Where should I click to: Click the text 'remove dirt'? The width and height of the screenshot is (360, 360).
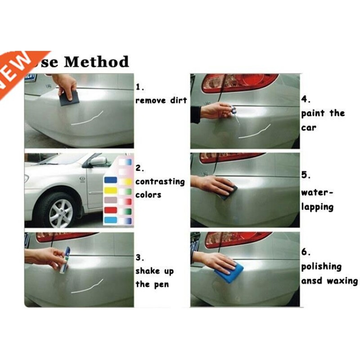pyautogui.click(x=161, y=100)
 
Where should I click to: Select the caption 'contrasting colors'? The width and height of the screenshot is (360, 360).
pyautogui.click(x=153, y=188)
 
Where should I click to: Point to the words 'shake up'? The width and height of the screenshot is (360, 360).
pyautogui.click(x=154, y=271)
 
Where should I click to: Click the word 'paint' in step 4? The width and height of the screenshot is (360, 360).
pyautogui.click(x=313, y=113)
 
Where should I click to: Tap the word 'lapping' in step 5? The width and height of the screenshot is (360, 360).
pyautogui.click(x=317, y=207)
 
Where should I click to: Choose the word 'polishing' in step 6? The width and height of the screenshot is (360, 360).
pyautogui.click(x=321, y=266)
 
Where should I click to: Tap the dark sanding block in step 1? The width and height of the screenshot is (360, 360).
pyautogui.click(x=69, y=97)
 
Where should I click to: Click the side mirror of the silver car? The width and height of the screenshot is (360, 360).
pyautogui.click(x=98, y=161)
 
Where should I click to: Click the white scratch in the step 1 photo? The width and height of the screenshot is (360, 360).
pyautogui.click(x=87, y=118)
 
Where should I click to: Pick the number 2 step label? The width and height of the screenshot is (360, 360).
pyautogui.click(x=140, y=168)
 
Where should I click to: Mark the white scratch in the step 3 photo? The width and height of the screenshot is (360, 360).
pyautogui.click(x=87, y=286)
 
